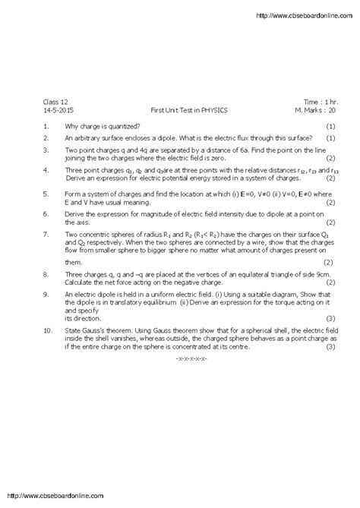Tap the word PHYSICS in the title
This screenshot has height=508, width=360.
tap(213, 109)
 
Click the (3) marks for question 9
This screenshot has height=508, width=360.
tap(330, 317)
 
